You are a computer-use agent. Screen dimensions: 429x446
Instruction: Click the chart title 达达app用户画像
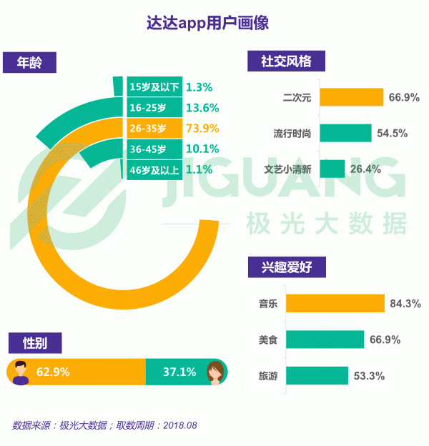tap(207, 23)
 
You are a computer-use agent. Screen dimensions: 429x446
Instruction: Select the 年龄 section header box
tap(29, 62)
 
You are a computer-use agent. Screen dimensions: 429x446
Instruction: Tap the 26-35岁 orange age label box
tap(154, 128)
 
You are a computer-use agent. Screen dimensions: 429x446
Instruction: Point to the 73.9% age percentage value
tap(202, 128)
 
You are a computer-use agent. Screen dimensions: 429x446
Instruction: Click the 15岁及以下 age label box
tap(154, 86)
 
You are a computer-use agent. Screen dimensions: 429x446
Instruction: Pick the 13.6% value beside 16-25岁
tap(202, 108)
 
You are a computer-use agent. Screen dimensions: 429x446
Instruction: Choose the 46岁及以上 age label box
tap(154, 170)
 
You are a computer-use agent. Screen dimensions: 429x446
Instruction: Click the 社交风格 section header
tap(286, 61)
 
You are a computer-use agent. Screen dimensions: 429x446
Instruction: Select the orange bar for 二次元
tap(352, 97)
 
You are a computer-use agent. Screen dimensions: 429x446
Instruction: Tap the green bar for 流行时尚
tap(345, 133)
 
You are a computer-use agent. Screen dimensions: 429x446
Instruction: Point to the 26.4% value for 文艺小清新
tap(365, 169)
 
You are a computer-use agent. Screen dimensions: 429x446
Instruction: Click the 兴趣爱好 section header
tap(287, 267)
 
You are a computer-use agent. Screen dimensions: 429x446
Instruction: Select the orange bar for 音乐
tap(335, 303)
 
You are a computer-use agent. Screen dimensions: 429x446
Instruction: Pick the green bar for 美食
tap(325, 340)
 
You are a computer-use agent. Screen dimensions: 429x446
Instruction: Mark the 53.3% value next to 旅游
tap(369, 376)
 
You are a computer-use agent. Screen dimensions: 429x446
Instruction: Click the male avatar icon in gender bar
tap(21, 373)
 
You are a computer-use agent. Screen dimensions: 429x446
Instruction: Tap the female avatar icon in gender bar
tap(215, 373)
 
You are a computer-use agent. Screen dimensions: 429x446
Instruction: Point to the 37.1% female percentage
tap(179, 372)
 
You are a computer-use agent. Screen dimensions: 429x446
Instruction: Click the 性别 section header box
tap(35, 343)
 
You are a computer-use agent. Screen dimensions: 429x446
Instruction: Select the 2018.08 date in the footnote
tap(180, 425)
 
